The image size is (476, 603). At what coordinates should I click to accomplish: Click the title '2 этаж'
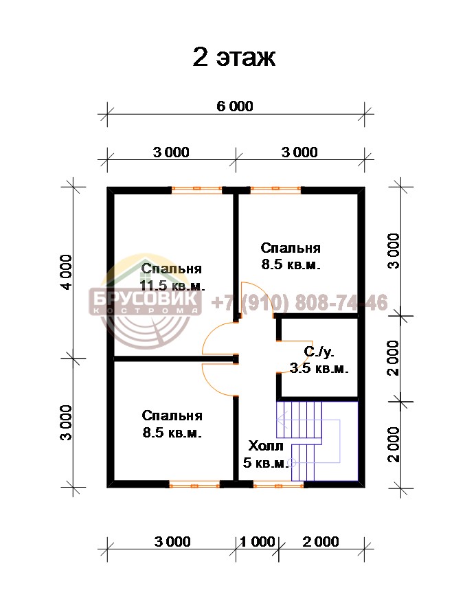tap(234, 58)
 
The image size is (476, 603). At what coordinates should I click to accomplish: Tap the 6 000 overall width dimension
tap(235, 106)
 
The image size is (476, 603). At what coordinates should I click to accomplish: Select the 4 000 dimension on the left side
tap(66, 272)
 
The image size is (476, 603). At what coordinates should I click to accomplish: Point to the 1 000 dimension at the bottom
tap(257, 542)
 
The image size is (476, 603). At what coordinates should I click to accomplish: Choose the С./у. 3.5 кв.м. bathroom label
tap(319, 360)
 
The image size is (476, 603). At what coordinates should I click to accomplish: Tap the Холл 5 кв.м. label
tap(266, 454)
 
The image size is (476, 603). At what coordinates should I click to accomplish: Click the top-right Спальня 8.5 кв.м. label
tap(291, 256)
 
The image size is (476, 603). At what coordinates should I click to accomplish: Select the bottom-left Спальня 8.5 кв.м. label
tap(172, 424)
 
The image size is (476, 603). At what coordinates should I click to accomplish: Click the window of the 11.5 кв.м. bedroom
tap(197, 189)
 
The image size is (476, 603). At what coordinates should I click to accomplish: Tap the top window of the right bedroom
tap(275, 189)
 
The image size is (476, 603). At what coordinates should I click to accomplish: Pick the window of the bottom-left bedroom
tap(194, 486)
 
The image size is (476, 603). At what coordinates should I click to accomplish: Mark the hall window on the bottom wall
tap(279, 486)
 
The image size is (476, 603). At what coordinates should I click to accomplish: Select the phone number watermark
tap(299, 302)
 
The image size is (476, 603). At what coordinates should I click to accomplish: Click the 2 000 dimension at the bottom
tap(321, 542)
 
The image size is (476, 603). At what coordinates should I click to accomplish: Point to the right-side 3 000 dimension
tap(394, 251)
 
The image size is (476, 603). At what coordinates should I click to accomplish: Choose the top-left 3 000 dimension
tap(171, 152)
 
